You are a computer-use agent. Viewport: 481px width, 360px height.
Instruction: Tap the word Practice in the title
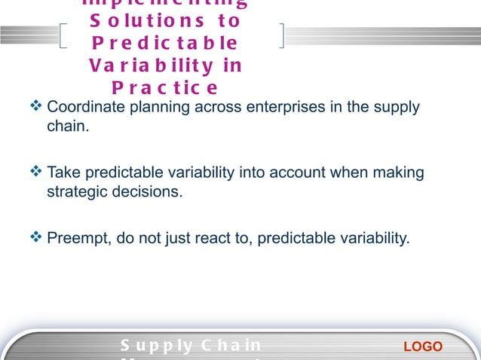pyautogui.click(x=164, y=88)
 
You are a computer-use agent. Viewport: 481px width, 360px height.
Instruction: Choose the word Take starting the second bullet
pyautogui.click(x=62, y=173)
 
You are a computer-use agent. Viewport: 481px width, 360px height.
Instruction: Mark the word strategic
pyautogui.click(x=76, y=191)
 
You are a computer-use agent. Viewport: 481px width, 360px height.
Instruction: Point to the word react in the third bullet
pyautogui.click(x=219, y=239)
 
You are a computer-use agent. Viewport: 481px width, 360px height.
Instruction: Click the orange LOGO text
pyautogui.click(x=423, y=346)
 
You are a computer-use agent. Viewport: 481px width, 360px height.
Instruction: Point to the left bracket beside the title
pyautogui.click(x=64, y=35)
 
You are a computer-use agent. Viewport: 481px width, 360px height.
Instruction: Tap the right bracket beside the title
pyautogui.click(x=281, y=35)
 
